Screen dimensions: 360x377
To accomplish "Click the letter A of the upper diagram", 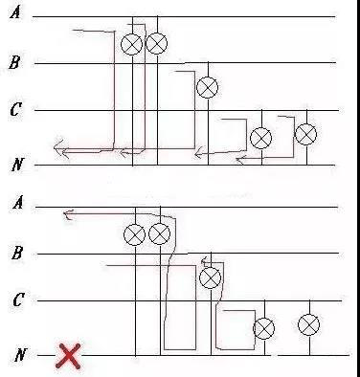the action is (15, 12).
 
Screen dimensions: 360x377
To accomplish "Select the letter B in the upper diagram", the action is (14, 62).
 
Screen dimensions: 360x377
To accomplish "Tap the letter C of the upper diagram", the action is (15, 110).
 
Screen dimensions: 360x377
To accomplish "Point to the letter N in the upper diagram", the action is (18, 165).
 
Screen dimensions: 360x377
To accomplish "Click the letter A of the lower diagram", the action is (18, 202).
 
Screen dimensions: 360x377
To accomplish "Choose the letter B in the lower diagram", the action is (17, 253).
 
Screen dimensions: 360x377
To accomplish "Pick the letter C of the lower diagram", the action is (18, 299).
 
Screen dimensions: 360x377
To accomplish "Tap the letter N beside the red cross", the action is (20, 355).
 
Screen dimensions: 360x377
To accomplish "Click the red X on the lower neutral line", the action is (68, 356).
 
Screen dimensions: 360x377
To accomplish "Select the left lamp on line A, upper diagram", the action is (131, 44).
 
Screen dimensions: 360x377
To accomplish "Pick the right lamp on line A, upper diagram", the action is (157, 43).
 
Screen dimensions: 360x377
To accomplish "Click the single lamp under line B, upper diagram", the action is (208, 87).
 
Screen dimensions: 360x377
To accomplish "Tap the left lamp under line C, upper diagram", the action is (261, 138).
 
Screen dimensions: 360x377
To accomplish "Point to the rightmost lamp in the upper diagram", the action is (306, 134).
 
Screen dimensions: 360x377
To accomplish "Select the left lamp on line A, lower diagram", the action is (134, 234).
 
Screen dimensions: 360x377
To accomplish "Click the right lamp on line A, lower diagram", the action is (160, 233).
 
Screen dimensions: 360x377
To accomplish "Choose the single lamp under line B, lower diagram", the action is (210, 277).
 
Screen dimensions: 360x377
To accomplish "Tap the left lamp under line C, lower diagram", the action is (264, 328).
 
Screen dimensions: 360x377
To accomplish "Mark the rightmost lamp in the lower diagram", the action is (308, 324).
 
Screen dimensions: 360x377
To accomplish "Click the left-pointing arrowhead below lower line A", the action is (68, 214).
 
